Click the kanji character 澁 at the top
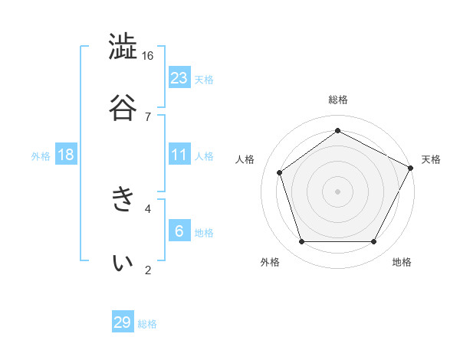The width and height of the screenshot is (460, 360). [x=123, y=47]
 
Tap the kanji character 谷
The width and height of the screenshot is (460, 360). [x=123, y=107]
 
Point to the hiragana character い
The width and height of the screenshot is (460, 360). [x=123, y=262]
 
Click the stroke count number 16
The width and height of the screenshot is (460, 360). [x=148, y=56]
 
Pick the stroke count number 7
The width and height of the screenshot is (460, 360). [x=148, y=116]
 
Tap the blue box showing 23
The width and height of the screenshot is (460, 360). [x=179, y=78]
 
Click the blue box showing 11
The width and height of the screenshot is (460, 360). [x=179, y=155]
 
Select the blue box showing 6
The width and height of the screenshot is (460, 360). [x=179, y=231]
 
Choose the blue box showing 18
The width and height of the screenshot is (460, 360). [x=66, y=155]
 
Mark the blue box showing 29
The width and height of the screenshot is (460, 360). [x=123, y=322]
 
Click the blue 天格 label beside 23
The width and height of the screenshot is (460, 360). [x=204, y=80]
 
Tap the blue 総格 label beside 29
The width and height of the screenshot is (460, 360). [x=147, y=324]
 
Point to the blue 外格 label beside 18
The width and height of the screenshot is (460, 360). [x=41, y=156]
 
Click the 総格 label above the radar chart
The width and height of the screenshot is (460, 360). [x=338, y=100]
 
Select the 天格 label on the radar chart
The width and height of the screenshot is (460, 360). [x=431, y=159]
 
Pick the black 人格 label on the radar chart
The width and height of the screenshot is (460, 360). [x=245, y=159]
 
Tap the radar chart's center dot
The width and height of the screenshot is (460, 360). [x=338, y=191]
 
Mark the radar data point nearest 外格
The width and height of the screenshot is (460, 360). [x=302, y=241]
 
